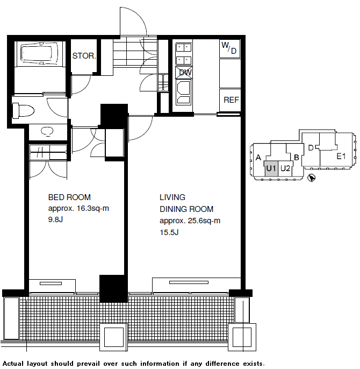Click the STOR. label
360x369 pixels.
click(84, 56)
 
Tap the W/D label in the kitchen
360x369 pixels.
click(229, 48)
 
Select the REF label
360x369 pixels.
click(231, 100)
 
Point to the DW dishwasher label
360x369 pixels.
click(185, 73)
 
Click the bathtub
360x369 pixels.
click(39, 53)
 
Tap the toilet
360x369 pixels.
click(23, 111)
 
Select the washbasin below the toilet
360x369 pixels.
click(47, 131)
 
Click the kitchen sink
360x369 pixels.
click(183, 93)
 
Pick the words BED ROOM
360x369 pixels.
click(69, 197)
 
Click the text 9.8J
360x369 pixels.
click(55, 219)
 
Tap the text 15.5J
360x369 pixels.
click(169, 232)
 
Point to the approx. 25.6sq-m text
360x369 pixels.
click(190, 221)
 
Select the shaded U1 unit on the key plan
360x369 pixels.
click(271, 168)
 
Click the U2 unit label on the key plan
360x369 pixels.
click(285, 168)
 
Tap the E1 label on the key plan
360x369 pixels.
click(341, 156)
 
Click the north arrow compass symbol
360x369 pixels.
click(312, 178)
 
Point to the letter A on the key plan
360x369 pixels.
click(258, 158)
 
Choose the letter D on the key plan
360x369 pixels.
click(311, 148)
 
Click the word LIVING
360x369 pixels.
click(172, 197)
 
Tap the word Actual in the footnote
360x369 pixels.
click(13, 364)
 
